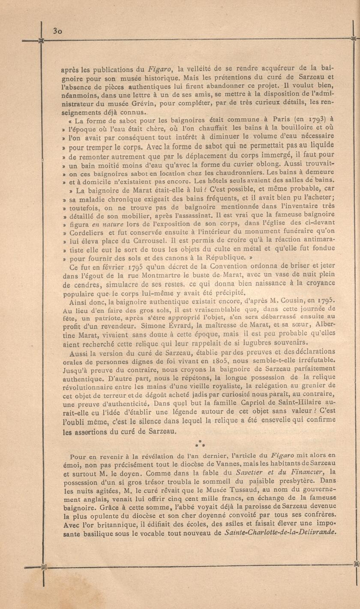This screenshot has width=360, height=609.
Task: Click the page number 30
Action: click(x=58, y=30)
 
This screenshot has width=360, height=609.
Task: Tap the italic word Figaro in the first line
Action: click(x=160, y=68)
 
